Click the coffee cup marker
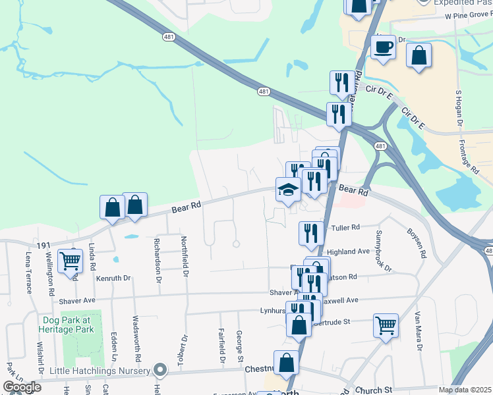click(384, 47)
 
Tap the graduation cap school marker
click(288, 190)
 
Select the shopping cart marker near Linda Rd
click(70, 261)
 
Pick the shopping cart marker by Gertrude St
click(386, 325)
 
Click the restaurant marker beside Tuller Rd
click(310, 232)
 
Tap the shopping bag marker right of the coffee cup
click(419, 55)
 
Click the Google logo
click(21, 387)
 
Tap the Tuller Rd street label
click(345, 228)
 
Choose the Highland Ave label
click(349, 251)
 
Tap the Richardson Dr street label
click(159, 258)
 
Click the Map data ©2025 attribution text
click(465, 390)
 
